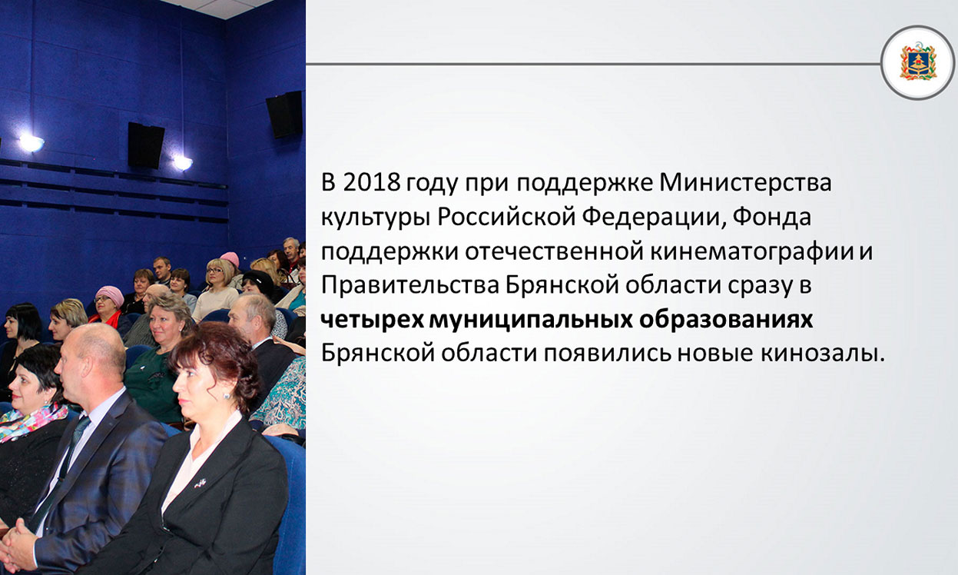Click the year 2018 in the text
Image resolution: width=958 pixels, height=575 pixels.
(371, 183)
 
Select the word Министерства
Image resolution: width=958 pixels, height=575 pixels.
(745, 183)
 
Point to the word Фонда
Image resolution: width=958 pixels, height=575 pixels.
(772, 218)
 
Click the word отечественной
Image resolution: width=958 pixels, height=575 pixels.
(554, 251)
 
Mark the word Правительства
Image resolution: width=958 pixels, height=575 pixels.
(410, 286)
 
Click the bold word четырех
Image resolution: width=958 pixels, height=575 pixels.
(372, 321)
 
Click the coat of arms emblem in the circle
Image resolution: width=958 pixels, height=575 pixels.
(918, 62)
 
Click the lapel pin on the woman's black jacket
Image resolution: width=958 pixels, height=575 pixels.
(200, 483)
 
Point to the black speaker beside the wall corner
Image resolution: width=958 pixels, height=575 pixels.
(284, 115)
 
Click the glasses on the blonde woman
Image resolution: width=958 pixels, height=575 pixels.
(214, 271)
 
